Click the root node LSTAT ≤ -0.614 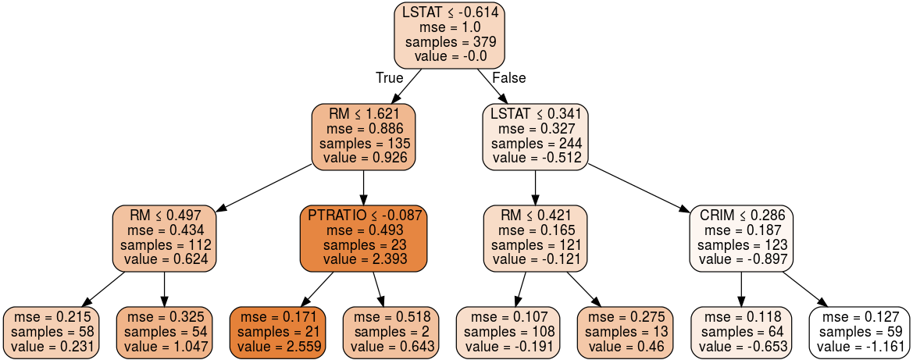click(450, 34)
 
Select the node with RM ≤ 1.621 click(363, 137)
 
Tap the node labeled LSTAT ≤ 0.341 click(535, 137)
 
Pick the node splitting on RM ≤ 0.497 click(164, 238)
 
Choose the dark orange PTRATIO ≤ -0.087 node click(364, 238)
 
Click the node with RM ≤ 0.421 click(535, 238)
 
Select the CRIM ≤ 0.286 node click(741, 238)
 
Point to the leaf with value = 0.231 click(52, 333)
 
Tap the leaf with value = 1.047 click(164, 333)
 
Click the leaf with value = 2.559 click(278, 333)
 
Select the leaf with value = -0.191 click(508, 333)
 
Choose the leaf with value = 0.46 click(625, 333)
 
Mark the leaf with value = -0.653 click(741, 333)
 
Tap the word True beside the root click(389, 78)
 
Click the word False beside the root click(508, 78)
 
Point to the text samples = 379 click(450, 42)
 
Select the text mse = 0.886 click(363, 129)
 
